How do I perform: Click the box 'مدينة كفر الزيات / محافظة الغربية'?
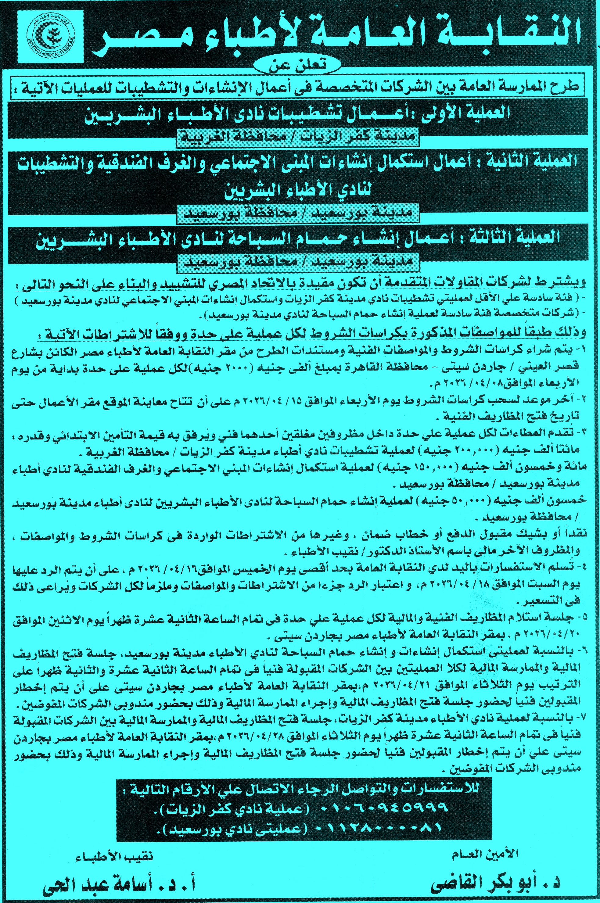(298, 140)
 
